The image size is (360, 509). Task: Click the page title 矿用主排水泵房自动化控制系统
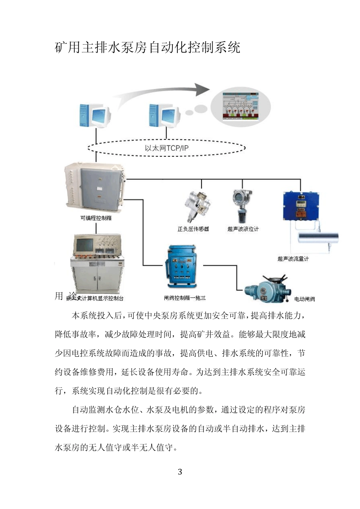pos(148,48)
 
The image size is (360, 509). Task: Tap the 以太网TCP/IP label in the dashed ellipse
pos(166,148)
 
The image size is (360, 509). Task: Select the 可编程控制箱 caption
pos(96,218)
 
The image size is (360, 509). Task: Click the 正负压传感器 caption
pos(193,229)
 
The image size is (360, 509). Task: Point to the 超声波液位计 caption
pos(243,229)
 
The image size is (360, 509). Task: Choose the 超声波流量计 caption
pos(293,259)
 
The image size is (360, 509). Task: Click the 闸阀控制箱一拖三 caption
pos(185,298)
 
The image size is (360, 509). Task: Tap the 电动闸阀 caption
pos(304,299)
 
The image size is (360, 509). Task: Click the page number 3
pos(180,472)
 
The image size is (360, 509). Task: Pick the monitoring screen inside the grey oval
pos(240,106)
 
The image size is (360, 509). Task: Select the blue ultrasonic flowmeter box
pos(299,206)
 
